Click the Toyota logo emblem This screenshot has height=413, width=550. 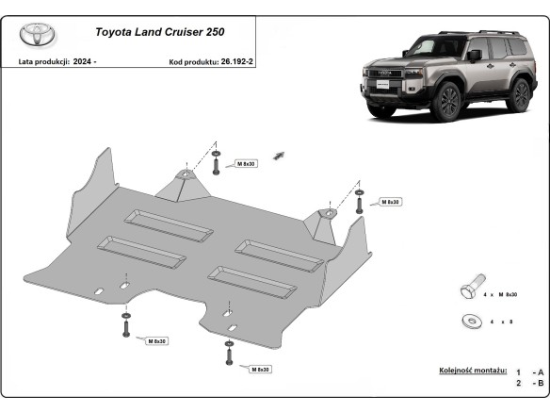[38, 35]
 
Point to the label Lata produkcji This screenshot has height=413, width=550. [40, 61]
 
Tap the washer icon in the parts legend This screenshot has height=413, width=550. [470, 322]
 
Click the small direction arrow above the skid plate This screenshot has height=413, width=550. [279, 154]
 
